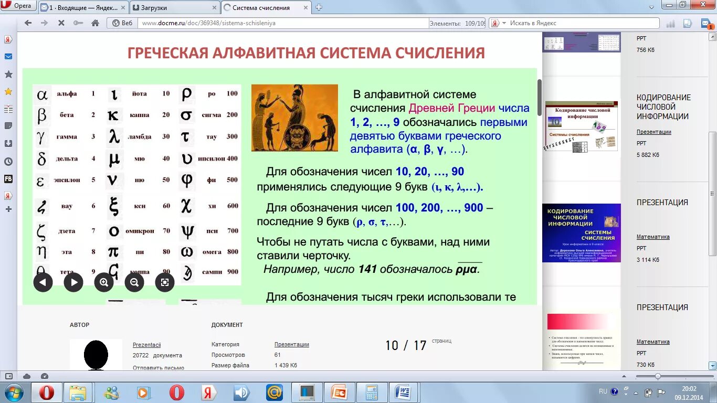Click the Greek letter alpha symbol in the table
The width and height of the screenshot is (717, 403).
click(x=42, y=94)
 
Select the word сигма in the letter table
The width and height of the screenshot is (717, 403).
click(x=212, y=115)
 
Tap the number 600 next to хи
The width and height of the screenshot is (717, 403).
click(x=233, y=206)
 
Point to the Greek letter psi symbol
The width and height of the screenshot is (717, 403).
click(x=187, y=231)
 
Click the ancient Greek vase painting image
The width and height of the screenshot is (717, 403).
click(x=294, y=118)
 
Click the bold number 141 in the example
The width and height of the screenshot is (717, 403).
click(x=367, y=269)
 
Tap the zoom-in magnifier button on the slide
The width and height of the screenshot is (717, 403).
click(x=104, y=282)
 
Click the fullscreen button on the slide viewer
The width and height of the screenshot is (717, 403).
click(x=164, y=282)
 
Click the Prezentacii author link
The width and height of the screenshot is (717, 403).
click(x=146, y=345)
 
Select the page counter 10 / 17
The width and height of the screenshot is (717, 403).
click(x=405, y=345)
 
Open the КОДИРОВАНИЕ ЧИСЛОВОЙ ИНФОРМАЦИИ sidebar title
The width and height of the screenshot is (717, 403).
click(x=663, y=107)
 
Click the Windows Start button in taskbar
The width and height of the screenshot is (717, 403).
click(x=14, y=393)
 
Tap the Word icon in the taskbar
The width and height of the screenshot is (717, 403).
click(x=402, y=393)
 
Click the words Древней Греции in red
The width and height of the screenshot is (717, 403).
click(x=451, y=109)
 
